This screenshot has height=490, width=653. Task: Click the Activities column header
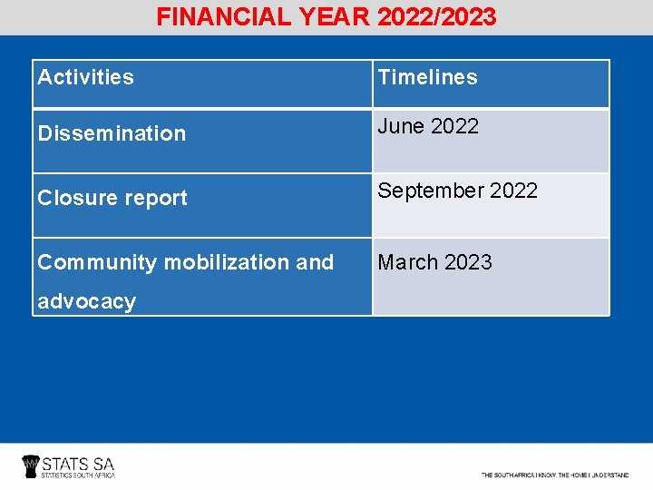pos(85,77)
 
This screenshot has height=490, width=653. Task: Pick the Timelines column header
pos(427,77)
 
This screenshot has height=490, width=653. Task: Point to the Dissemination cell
pos(112,133)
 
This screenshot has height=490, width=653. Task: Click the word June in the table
pos(400,126)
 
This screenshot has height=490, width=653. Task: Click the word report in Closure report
pos(153,198)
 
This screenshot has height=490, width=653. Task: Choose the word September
pos(430,191)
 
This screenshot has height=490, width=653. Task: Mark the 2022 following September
pos(513,191)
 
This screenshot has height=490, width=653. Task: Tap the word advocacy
pos(86,301)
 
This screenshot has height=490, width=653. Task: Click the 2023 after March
pos(468,262)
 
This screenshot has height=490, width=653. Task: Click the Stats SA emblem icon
pos(31,466)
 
